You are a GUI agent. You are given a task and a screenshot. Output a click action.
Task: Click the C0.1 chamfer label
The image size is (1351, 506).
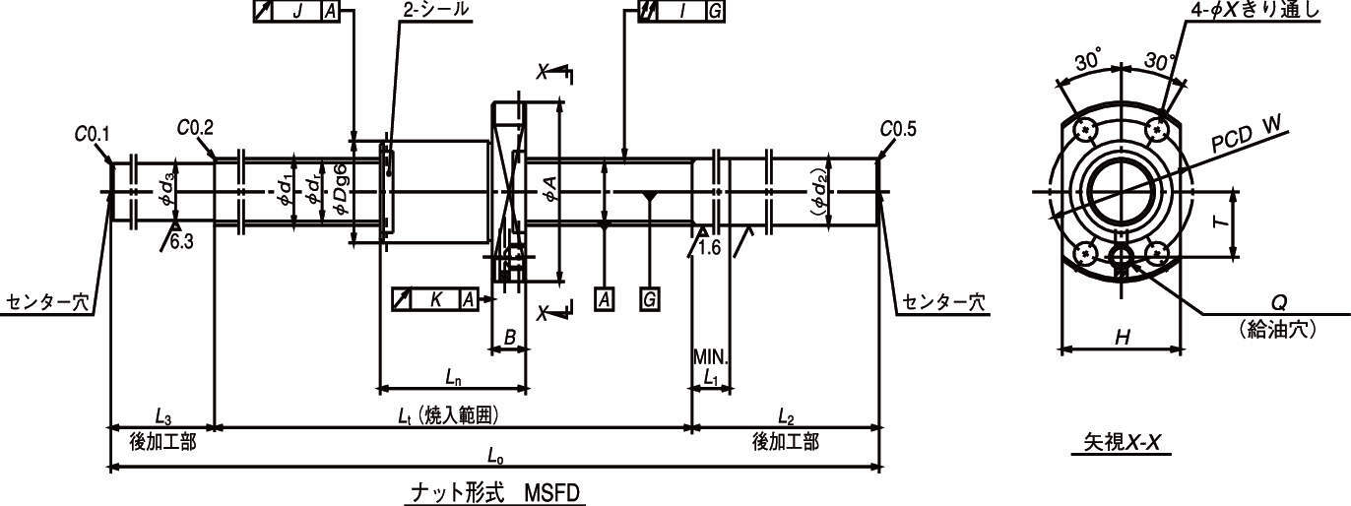click(x=93, y=134)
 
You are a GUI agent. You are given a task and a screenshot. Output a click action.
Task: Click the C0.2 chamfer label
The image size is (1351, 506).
click(x=195, y=128)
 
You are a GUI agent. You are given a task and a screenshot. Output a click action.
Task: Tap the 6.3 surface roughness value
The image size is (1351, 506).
click(x=181, y=242)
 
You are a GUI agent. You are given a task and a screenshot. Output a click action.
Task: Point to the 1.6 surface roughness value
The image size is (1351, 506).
click(x=709, y=247)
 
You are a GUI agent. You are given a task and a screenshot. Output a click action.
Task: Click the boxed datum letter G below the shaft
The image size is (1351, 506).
click(x=650, y=299)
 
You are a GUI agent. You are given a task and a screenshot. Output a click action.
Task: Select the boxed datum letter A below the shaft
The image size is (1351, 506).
click(x=605, y=299)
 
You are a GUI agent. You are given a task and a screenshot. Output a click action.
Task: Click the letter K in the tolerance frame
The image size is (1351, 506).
click(x=436, y=299)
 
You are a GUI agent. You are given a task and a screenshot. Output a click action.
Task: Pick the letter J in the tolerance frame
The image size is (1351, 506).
click(x=296, y=11)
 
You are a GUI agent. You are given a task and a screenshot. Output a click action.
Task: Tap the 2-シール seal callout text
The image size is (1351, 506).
click(x=435, y=10)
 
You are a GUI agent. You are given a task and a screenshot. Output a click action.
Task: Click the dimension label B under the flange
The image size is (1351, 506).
click(x=510, y=337)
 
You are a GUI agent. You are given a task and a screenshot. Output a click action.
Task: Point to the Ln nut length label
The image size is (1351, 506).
click(x=454, y=378)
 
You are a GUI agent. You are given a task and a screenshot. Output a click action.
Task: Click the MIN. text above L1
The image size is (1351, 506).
click(x=711, y=357)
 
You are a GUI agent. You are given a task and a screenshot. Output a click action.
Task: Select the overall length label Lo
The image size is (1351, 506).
click(x=495, y=457)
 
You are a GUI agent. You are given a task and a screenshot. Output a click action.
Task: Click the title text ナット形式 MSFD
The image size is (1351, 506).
click(x=494, y=493)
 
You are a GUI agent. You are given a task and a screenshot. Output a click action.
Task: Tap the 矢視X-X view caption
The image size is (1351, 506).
click(x=1122, y=443)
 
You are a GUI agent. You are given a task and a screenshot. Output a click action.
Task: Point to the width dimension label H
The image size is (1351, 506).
click(x=1122, y=337)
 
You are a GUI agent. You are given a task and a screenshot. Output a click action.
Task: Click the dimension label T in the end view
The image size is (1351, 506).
click(x=1222, y=221)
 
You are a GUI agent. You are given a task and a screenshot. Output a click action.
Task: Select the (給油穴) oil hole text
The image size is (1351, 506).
click(x=1278, y=329)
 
